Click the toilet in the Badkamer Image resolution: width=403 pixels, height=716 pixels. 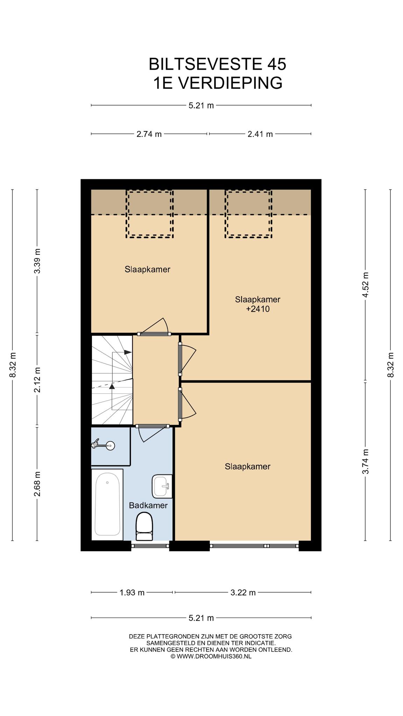(144, 527)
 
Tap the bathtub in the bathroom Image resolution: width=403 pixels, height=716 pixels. (107, 504)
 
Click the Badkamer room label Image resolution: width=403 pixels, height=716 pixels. (148, 505)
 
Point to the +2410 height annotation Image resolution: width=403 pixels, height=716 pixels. (258, 309)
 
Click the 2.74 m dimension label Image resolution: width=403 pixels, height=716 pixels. (149, 134)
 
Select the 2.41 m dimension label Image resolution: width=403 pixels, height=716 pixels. (260, 134)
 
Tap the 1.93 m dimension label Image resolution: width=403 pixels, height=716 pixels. (132, 593)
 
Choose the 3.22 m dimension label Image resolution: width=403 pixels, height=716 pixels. (243, 593)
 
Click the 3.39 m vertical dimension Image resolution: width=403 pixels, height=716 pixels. (37, 261)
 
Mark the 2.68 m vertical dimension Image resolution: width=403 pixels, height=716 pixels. (37, 484)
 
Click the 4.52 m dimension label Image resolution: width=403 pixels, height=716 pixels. (365, 285)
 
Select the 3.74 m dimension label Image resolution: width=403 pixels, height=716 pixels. (365, 461)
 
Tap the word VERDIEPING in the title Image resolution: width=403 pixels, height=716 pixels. (229, 83)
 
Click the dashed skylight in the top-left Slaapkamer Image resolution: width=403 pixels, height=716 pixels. (150, 214)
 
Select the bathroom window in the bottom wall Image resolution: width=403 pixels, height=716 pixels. (150, 546)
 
